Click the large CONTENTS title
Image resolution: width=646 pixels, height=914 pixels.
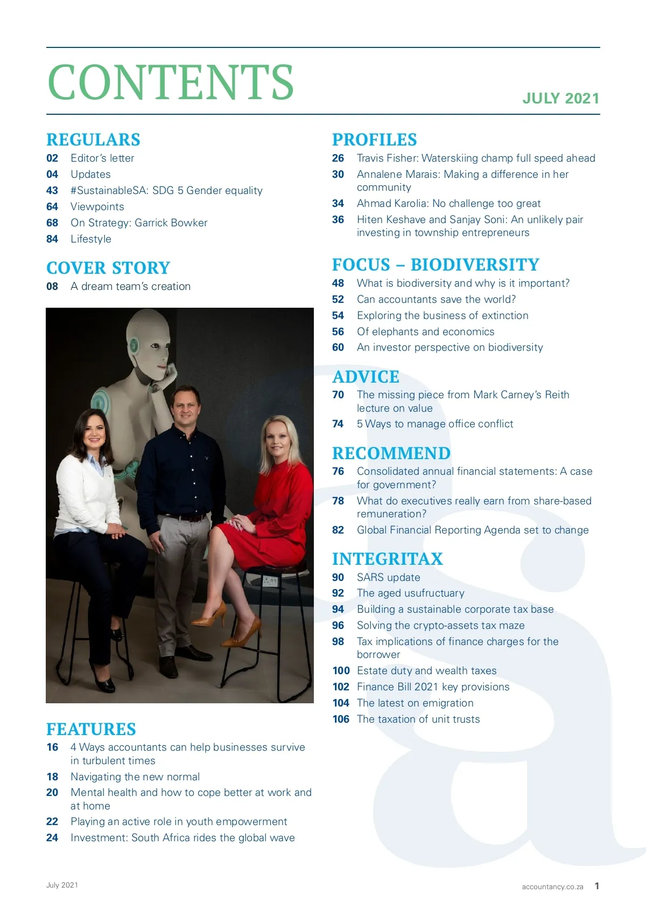[x=170, y=82]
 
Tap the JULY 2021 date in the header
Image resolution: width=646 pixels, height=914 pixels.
[x=560, y=98]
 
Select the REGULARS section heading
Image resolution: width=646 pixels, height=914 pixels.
[x=93, y=140]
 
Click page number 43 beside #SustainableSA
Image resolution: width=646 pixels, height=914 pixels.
[x=52, y=190]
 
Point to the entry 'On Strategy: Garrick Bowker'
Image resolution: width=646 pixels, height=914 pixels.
[x=139, y=223]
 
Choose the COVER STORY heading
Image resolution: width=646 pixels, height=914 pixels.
[x=108, y=268]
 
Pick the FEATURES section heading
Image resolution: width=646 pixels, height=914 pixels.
[x=91, y=729]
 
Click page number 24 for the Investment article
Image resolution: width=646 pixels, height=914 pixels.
[x=52, y=837]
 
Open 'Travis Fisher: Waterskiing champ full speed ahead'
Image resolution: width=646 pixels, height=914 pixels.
[x=476, y=158]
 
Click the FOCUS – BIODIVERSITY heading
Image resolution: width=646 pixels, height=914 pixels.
[x=436, y=265]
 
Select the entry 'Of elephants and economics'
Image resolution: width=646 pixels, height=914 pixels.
[x=425, y=331]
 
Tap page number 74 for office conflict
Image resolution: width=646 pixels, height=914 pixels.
[x=338, y=424]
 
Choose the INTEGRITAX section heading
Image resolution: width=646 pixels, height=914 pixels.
[x=388, y=559]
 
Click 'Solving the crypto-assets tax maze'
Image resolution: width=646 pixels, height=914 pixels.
[x=440, y=625]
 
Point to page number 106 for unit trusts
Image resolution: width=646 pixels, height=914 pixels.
[x=341, y=719]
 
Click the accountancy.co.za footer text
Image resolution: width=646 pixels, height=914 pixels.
[x=552, y=887]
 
